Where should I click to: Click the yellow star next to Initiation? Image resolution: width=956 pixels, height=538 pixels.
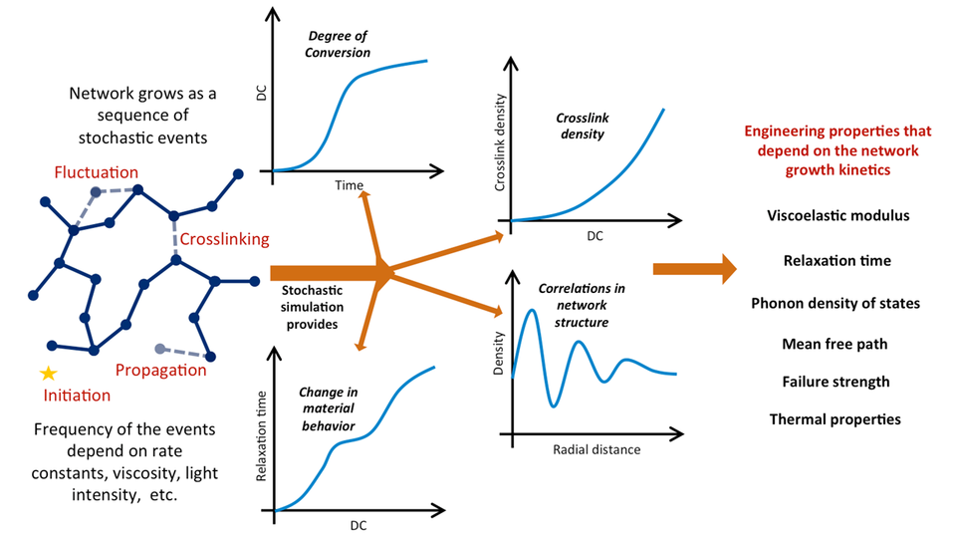(48, 374)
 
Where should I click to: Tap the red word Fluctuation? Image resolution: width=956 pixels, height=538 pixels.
(98, 172)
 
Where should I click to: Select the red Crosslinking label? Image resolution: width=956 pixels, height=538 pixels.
(224, 239)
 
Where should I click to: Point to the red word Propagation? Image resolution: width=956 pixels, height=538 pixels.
(161, 371)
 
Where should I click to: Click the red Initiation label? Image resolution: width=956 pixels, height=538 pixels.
(77, 395)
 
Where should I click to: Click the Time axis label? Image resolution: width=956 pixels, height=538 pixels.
(349, 185)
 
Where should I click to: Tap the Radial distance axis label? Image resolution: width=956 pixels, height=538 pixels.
(597, 449)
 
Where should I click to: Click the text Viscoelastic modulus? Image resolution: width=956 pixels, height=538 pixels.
(838, 215)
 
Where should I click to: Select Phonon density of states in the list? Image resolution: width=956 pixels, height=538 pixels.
(836, 303)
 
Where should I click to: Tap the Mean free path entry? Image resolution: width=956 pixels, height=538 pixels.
(835, 344)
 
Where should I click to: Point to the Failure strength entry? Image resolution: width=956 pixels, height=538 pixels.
(836, 382)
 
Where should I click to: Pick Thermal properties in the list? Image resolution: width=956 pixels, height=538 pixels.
(835, 419)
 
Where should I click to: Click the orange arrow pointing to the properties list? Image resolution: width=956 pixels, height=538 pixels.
(694, 268)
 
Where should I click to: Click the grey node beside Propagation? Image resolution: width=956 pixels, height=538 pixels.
(159, 348)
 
